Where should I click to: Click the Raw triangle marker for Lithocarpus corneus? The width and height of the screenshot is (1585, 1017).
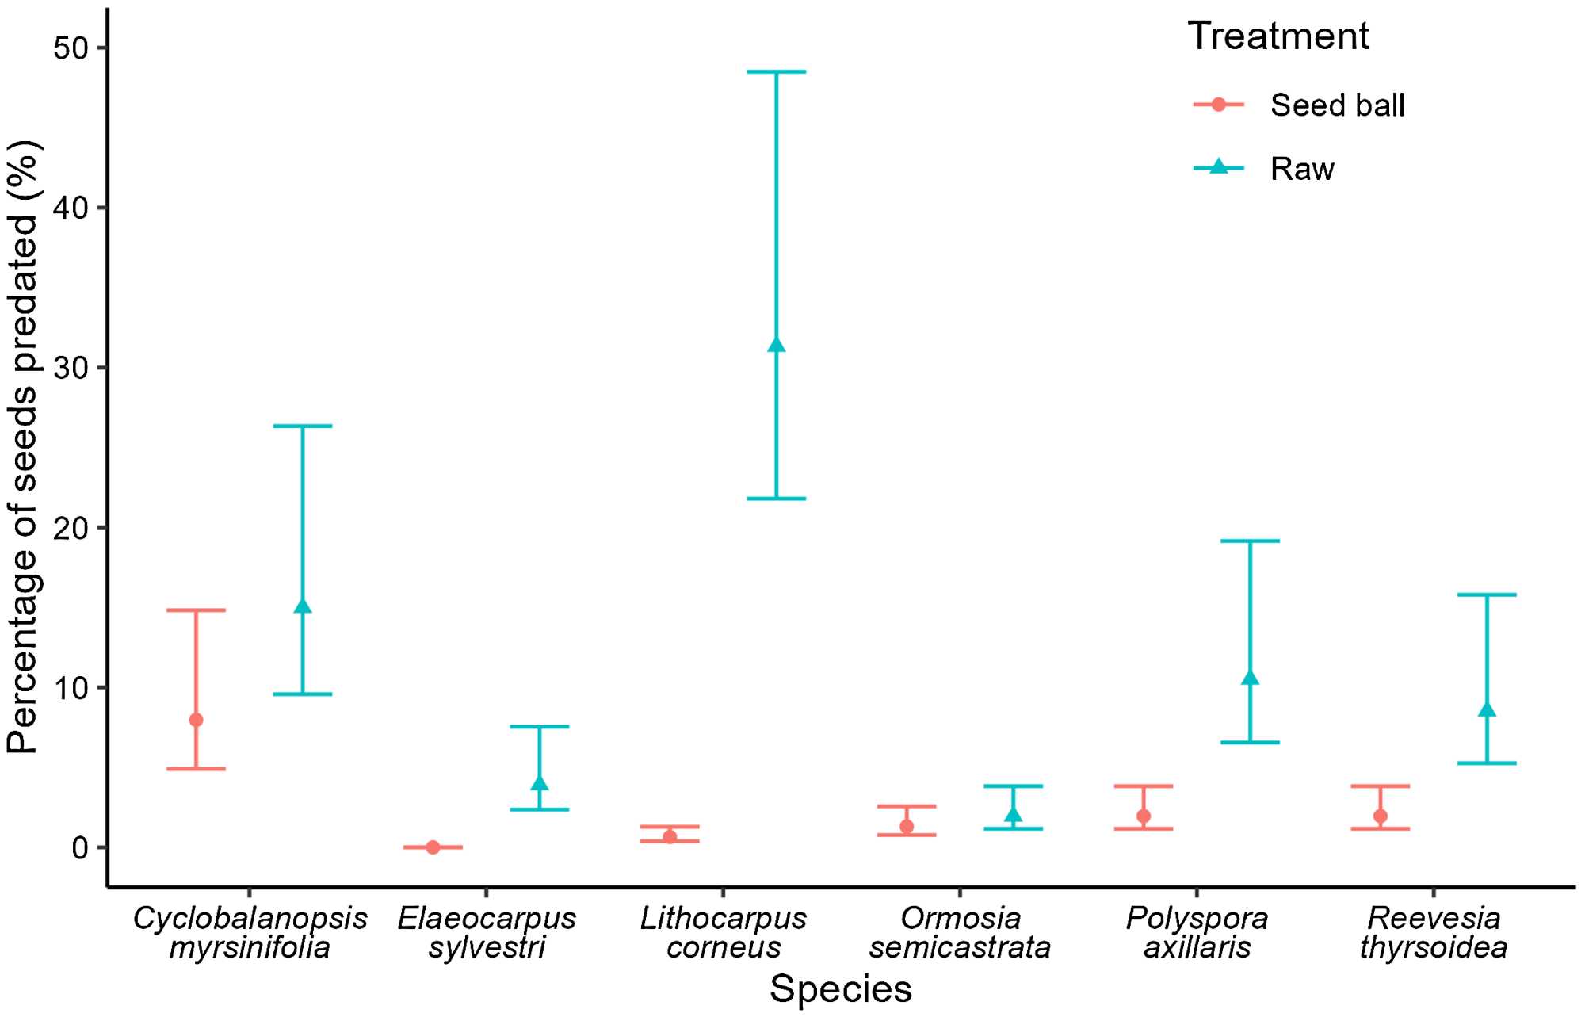pos(777,345)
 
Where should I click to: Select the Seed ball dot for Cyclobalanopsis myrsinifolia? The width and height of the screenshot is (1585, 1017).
pos(196,720)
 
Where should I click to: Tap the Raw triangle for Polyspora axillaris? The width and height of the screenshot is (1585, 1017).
pos(1251,678)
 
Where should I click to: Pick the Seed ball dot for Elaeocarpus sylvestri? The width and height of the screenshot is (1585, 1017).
pos(433,847)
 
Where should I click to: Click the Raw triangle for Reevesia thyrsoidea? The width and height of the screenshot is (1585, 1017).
pos(1488,709)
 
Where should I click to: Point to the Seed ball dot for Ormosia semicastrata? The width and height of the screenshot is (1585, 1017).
pos(907,827)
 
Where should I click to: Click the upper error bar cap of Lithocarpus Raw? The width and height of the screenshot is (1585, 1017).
pos(777,72)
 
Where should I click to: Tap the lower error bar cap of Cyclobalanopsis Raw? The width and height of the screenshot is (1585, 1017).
pos(302,694)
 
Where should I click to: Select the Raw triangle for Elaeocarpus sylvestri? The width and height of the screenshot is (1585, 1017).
pos(540,784)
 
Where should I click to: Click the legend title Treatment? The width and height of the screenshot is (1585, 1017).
pos(1278,36)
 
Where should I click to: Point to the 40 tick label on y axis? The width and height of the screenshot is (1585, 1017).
pos(69,208)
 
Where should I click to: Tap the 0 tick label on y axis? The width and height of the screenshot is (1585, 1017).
pos(79,848)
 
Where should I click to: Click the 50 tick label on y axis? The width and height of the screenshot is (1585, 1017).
pos(69,48)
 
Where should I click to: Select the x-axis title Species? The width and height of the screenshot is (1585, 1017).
pos(840,989)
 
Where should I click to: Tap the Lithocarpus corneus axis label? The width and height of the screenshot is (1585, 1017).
pos(723,933)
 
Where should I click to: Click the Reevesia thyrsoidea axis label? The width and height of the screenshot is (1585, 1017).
pos(1434,933)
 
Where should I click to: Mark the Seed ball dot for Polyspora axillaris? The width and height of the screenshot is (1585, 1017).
pos(1144,816)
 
